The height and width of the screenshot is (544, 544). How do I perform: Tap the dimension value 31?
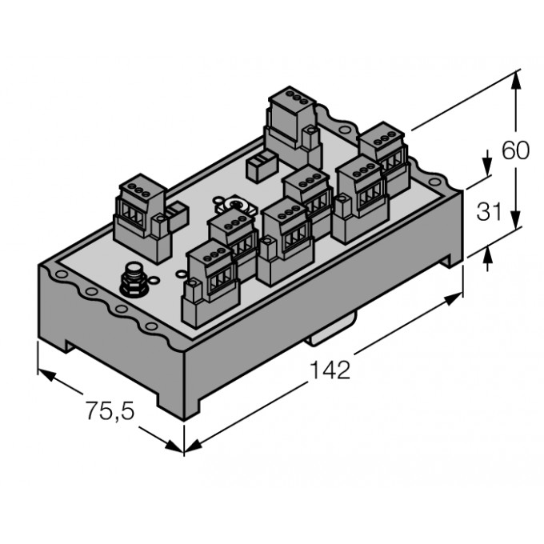(x=490, y=212)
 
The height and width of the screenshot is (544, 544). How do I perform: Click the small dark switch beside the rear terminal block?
(x=260, y=167)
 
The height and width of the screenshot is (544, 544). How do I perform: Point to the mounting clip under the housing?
(x=330, y=331)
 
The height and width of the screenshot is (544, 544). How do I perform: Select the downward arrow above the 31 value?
(x=488, y=166)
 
